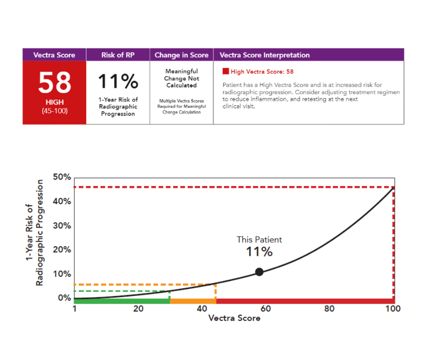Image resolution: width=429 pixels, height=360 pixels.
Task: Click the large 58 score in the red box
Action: click(x=54, y=83)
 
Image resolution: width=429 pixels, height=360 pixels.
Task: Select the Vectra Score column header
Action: click(x=54, y=55)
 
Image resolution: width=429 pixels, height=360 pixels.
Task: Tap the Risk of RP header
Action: click(x=118, y=55)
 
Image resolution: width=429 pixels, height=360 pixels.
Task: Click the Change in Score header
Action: click(x=181, y=55)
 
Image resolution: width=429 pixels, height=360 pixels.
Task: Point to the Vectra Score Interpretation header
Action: click(x=264, y=55)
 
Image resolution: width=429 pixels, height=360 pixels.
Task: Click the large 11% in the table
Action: click(x=118, y=81)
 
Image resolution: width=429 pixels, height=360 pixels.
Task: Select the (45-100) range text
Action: click(x=54, y=111)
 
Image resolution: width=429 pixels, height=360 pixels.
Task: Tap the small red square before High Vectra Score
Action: click(x=225, y=72)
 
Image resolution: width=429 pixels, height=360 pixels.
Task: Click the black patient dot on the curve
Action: click(x=259, y=272)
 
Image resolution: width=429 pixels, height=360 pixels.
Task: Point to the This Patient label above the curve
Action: click(x=259, y=239)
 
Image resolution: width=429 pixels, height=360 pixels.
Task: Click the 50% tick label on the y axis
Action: click(x=62, y=177)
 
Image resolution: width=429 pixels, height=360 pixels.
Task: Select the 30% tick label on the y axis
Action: click(x=62, y=226)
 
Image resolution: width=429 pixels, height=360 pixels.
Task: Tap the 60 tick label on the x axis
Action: click(x=265, y=309)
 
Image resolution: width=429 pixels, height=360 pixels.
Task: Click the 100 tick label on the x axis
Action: click(x=392, y=309)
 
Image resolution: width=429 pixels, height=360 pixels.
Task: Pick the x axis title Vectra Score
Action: click(x=234, y=318)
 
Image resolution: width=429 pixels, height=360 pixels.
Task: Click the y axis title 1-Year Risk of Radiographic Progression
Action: click(x=35, y=233)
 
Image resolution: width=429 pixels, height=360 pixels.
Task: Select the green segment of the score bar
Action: click(x=122, y=301)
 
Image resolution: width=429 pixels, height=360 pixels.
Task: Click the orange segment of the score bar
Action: click(x=193, y=301)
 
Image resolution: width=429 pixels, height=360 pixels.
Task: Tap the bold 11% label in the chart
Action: click(x=259, y=252)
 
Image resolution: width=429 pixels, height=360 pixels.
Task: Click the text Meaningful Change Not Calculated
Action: click(x=181, y=78)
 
